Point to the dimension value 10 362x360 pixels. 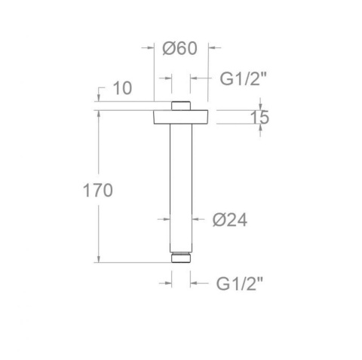pos(121,88)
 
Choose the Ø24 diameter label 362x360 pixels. pos(230,220)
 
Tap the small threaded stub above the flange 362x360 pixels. pos(180,105)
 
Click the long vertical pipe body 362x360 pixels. pos(180,188)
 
